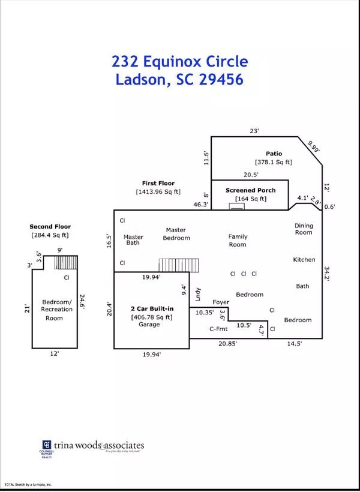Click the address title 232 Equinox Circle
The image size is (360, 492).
180,62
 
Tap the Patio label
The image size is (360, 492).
274,153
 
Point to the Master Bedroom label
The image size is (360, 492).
176,233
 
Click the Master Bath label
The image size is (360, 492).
133,240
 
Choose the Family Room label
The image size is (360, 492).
238,240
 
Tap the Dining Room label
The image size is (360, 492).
304,229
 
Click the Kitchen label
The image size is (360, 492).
304,260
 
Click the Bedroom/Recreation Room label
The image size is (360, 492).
57,309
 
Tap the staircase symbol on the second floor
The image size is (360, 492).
67,262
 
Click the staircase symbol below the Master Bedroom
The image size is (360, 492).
170,265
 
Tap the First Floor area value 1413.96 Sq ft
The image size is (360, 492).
158,191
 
